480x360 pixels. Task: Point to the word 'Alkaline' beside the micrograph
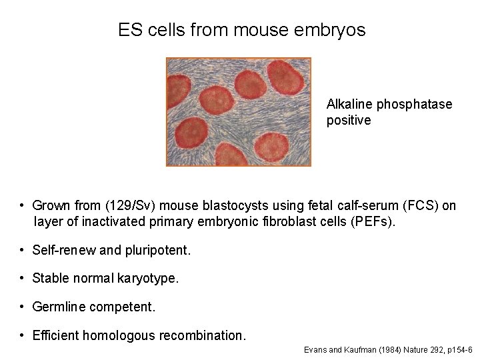coord(350,104)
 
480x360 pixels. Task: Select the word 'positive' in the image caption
coord(349,121)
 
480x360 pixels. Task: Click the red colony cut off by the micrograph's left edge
coord(177,91)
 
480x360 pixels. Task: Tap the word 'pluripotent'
coord(157,251)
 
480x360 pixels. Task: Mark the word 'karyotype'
coord(148,279)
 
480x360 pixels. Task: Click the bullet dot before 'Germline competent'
coord(22,307)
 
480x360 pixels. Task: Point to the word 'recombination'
coord(203,335)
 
